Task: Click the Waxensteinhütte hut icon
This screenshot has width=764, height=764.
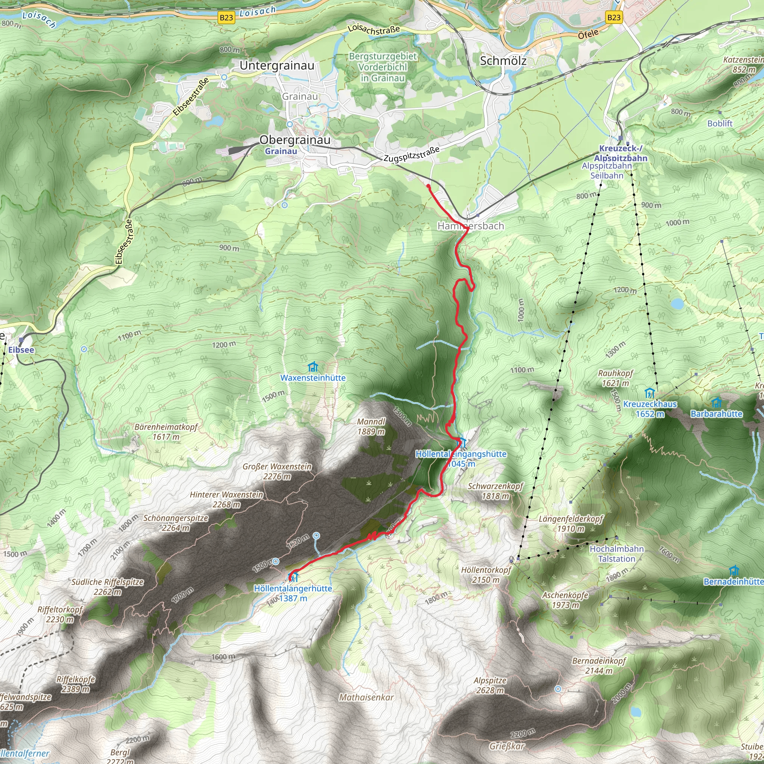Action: point(313,367)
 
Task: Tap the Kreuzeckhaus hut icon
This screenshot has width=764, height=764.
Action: point(649,394)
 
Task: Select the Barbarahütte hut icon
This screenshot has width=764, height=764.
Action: point(716,403)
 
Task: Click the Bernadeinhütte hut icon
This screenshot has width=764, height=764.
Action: point(734,571)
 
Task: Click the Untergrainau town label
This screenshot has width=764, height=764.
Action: point(277,65)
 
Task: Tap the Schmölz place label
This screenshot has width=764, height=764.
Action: point(503,61)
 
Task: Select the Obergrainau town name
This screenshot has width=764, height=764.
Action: point(295,140)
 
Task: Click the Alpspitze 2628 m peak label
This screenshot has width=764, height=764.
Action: point(490,685)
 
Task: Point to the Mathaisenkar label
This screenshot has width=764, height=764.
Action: point(366,697)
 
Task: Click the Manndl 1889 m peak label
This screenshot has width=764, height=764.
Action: point(371,426)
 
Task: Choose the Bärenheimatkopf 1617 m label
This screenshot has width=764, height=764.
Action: point(166,432)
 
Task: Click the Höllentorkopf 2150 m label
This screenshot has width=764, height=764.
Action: point(486,574)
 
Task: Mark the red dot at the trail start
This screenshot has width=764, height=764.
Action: point(428,186)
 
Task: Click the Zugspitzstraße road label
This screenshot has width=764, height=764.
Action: point(411,154)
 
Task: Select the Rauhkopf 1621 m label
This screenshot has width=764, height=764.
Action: point(615,378)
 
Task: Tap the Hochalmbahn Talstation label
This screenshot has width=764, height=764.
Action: point(617,554)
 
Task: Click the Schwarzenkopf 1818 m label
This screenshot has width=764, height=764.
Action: point(495,491)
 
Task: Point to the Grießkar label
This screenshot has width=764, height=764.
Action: point(507,746)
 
